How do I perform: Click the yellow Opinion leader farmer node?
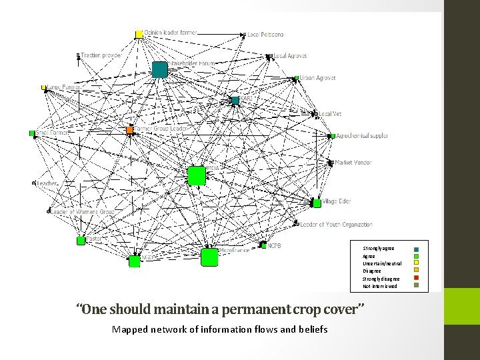(139, 34)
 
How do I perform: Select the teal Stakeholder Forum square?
(159, 69)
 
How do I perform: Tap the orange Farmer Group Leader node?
(130, 129)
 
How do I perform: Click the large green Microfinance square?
(209, 257)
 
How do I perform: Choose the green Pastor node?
(81, 240)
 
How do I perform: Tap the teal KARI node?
(235, 100)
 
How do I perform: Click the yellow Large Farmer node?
(44, 87)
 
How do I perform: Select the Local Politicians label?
(266, 35)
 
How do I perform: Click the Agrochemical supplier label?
(362, 136)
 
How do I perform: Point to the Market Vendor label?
(353, 162)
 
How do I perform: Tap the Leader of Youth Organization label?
(335, 225)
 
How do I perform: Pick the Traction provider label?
(101, 55)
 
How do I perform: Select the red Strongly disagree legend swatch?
(416, 279)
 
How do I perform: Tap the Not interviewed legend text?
(379, 286)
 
